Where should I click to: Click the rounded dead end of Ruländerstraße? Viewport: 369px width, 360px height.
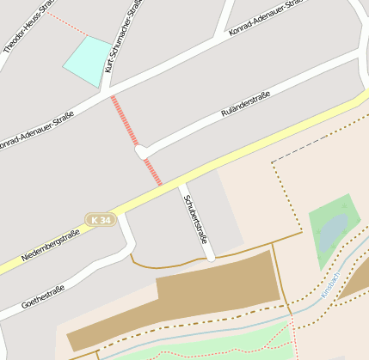[x=142, y=152]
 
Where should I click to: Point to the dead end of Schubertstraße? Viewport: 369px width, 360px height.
[x=210, y=256]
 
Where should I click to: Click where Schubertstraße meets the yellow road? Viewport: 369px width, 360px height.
[x=181, y=186]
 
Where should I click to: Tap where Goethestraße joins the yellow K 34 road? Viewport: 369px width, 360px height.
[x=122, y=215]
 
